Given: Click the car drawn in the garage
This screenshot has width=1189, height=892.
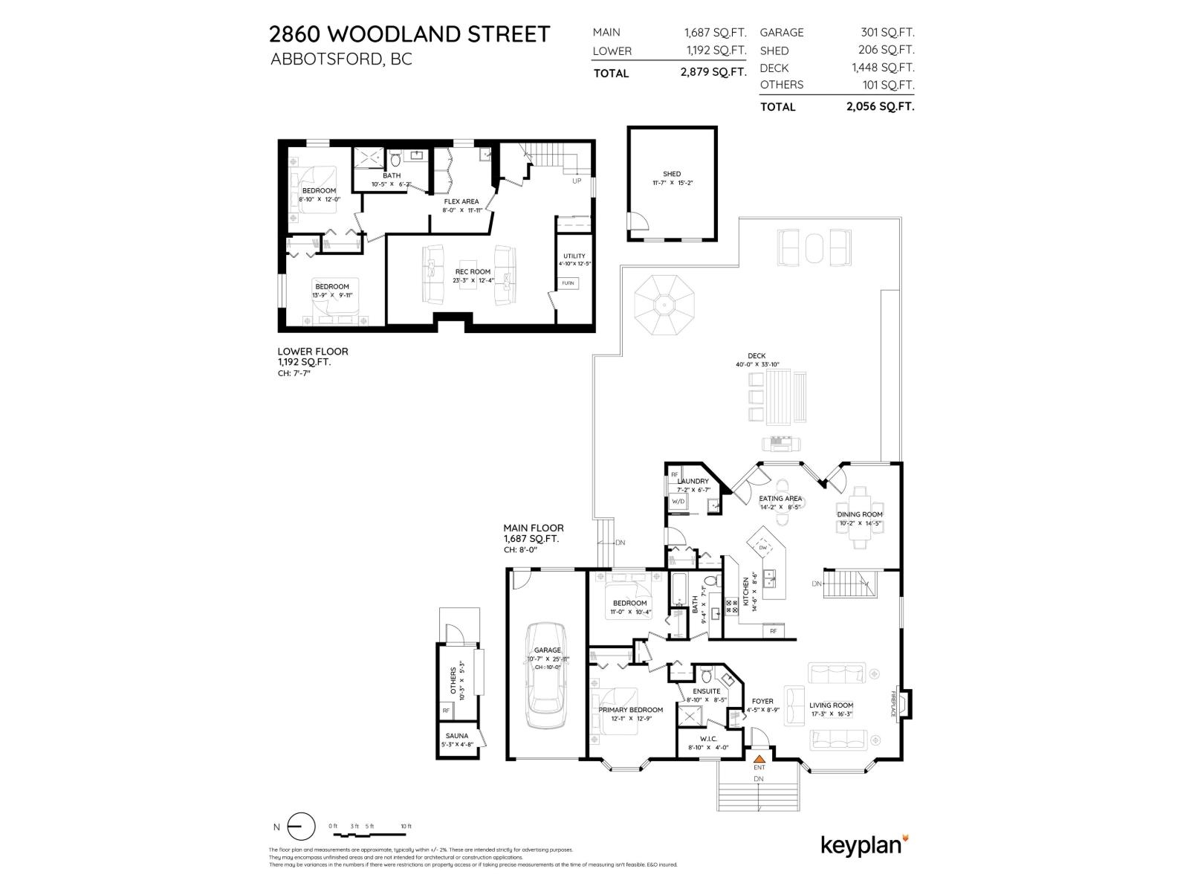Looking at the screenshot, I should tap(547, 677).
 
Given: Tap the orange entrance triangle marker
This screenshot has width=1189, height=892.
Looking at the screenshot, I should tap(759, 757).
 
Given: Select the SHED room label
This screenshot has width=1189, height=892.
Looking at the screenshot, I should tap(672, 174).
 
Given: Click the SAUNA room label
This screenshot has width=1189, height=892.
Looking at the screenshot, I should tap(457, 736).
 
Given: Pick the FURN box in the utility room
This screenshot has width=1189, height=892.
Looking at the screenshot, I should tap(568, 283).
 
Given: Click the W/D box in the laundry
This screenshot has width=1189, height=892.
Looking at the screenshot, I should tap(678, 502).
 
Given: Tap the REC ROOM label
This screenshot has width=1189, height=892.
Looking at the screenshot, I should tap(473, 272).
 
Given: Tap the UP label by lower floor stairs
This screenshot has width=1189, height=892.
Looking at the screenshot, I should tap(577, 181).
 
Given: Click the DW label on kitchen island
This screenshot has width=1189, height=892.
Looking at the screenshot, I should tap(762, 548).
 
